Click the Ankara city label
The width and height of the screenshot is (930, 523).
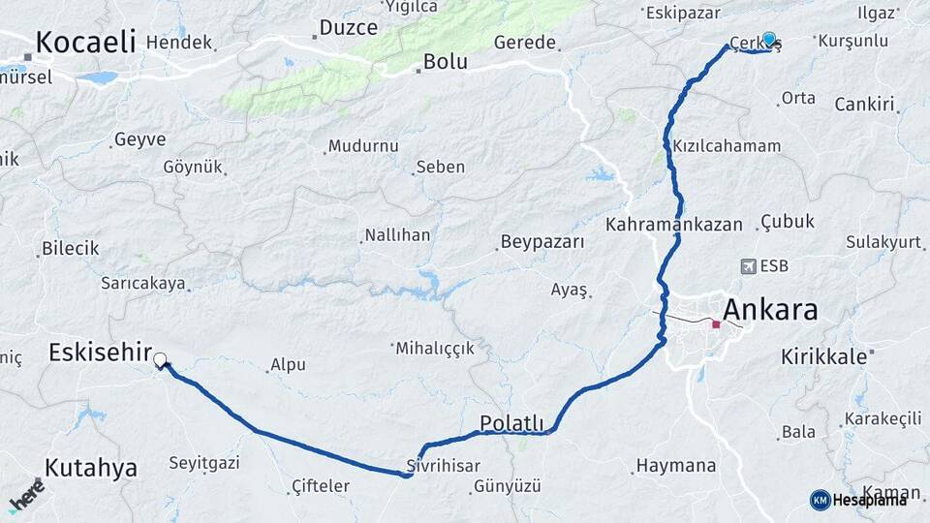770,311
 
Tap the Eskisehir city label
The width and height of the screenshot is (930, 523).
100,354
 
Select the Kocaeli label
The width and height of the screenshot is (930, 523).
85,43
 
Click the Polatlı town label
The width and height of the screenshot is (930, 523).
511,424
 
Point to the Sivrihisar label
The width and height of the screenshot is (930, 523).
444,465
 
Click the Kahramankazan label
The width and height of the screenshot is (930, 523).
674,224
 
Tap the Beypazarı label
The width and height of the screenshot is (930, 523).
542,242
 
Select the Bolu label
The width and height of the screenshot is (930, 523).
445,62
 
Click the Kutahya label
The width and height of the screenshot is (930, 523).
91,468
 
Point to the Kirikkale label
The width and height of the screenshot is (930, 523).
823,356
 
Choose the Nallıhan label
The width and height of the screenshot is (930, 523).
396,235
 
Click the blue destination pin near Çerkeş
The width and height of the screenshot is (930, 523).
769,40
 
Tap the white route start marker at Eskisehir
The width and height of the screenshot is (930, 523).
160,359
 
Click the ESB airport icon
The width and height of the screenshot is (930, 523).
748,265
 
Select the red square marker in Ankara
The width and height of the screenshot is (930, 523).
716,324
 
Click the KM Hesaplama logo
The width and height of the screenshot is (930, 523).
858,500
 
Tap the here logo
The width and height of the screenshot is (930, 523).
26,496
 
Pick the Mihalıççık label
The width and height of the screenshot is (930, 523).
434,348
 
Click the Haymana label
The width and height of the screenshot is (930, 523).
675,466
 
